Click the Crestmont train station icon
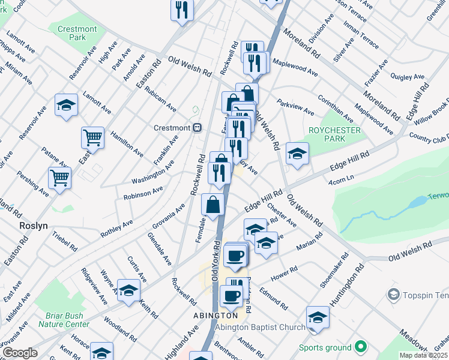tap(196, 128)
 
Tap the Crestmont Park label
tap(76, 33)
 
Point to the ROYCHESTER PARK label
tap(334, 135)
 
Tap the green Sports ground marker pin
tap(360, 347)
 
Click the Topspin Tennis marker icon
tap(394, 294)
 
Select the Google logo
tap(20, 353)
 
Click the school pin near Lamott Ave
tap(66, 106)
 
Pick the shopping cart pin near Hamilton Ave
tap(92, 138)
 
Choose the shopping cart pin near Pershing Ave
tap(60, 178)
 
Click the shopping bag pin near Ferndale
tap(213, 205)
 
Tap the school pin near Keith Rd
tap(128, 291)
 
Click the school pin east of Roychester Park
tap(297, 154)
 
